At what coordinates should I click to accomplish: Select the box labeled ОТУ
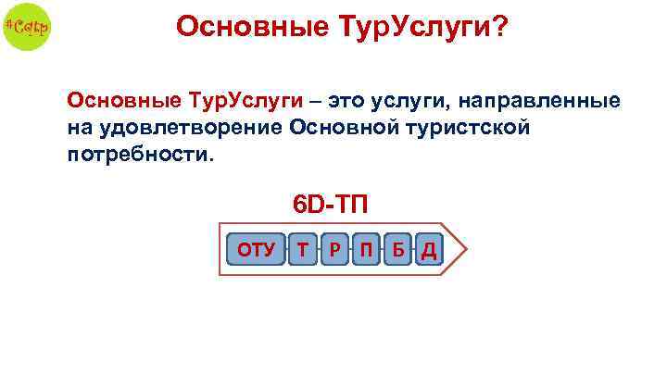(x=257, y=249)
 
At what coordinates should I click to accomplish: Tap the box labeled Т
(x=302, y=249)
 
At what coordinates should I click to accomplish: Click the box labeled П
(x=366, y=249)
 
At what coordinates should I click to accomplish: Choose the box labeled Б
(x=397, y=249)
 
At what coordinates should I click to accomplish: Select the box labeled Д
(x=429, y=249)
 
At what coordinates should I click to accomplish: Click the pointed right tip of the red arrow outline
(x=470, y=249)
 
